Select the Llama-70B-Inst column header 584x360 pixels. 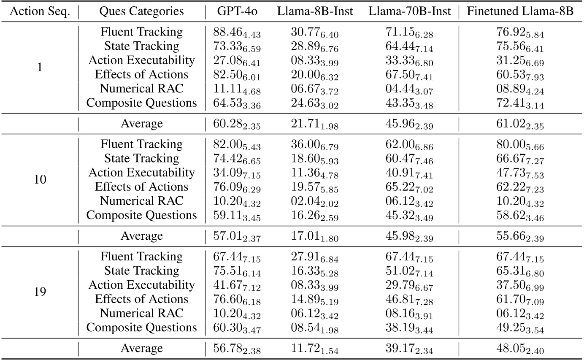[409, 11]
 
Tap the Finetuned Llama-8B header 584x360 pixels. [520, 11]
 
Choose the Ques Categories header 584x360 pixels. [142, 11]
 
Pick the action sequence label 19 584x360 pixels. [40, 292]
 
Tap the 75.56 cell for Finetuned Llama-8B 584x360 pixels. [520, 46]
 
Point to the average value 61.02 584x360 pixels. [520, 125]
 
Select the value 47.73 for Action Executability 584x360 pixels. [520, 173]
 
